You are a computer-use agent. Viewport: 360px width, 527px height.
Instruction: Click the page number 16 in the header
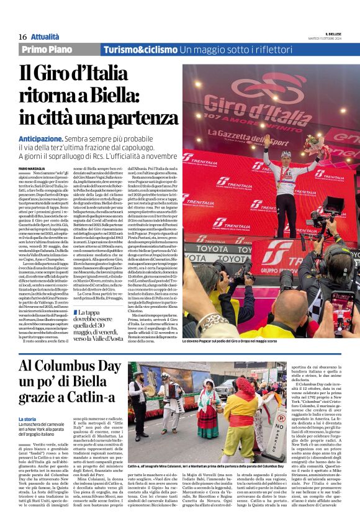pos(22,37)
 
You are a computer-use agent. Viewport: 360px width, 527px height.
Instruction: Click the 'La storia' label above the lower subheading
pos(27,403)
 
